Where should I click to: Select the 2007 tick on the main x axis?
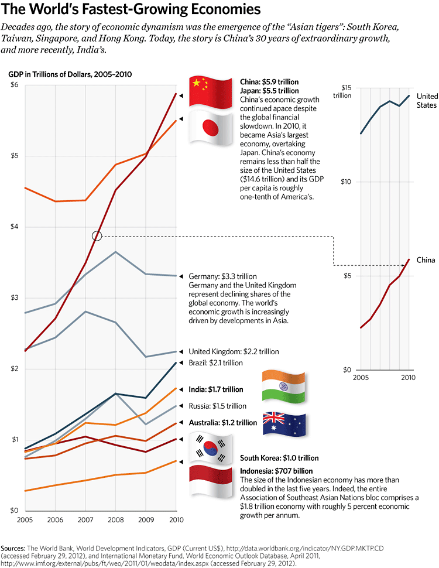85,519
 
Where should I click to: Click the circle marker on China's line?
97,235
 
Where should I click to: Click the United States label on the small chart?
427,101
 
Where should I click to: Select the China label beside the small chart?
426,259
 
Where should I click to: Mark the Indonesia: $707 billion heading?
277,471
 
